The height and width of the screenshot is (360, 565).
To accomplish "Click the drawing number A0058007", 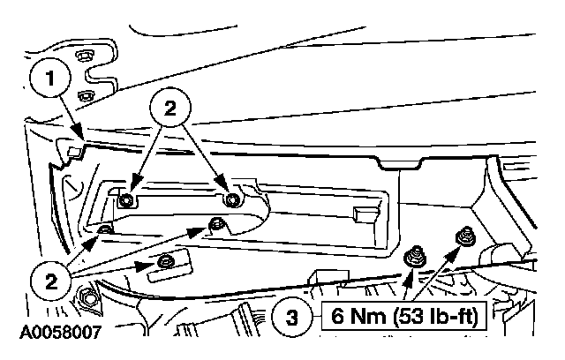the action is click(53, 334).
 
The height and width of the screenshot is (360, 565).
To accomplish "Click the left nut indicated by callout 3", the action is click(412, 257).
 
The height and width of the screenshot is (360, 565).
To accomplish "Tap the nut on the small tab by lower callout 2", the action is click(164, 263).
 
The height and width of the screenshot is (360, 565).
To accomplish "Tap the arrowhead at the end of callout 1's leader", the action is click(81, 136).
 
